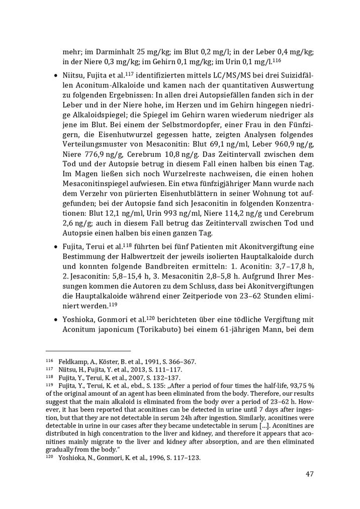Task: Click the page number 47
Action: click(309, 474)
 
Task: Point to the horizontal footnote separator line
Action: click(88, 351)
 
